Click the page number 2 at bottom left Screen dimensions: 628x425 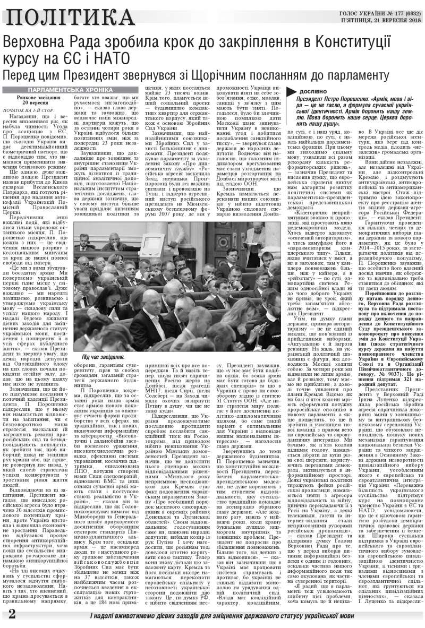pos(11,614)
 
